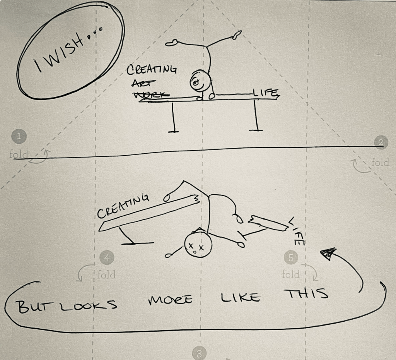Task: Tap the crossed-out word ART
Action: pyautogui.click(x=141, y=82)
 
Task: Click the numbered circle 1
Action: pyautogui.click(x=20, y=136)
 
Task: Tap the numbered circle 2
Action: pyautogui.click(x=381, y=142)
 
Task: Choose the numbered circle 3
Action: pyautogui.click(x=199, y=353)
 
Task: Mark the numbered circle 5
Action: pyautogui.click(x=290, y=257)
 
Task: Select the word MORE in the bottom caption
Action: pyautogui.click(x=170, y=300)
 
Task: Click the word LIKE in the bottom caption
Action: pyautogui.click(x=240, y=298)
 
